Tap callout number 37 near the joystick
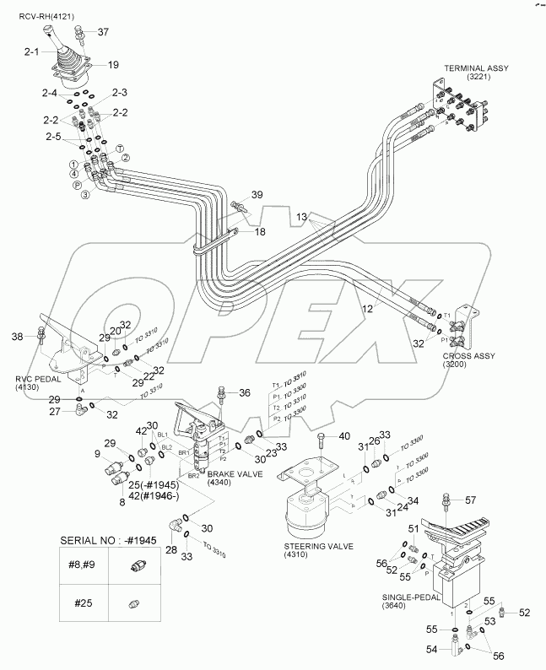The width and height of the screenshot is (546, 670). [x=103, y=32]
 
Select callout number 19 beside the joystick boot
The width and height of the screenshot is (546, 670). [x=113, y=64]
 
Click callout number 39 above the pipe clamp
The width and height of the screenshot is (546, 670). [x=257, y=195]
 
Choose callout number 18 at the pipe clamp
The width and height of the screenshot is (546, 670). [x=260, y=230]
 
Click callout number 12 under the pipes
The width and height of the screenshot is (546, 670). [x=367, y=310]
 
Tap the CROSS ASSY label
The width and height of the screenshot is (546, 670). [x=468, y=357]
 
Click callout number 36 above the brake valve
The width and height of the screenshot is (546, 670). [x=245, y=392]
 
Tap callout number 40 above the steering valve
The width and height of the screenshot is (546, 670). [x=343, y=436]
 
